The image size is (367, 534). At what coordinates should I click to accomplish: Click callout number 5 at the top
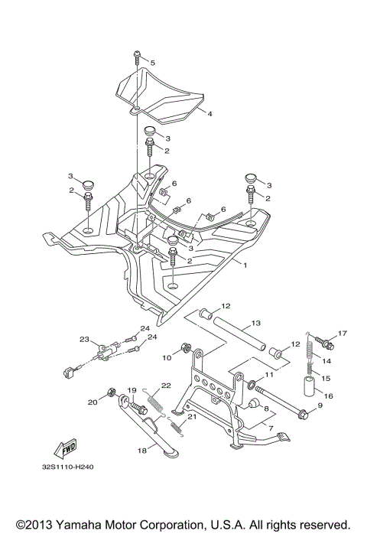tap(152, 62)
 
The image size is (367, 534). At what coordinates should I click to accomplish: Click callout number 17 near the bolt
tap(343, 333)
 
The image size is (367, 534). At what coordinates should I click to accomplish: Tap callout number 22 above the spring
tap(164, 386)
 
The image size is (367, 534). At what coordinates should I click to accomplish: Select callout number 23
tap(85, 339)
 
